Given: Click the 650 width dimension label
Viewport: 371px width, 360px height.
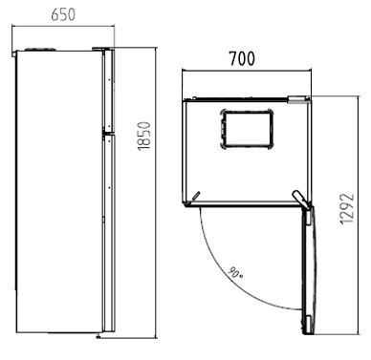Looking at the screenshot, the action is (x=63, y=14).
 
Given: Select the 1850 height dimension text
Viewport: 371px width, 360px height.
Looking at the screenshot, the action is (x=143, y=136).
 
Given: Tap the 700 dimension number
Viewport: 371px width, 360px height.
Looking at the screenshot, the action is (x=242, y=58).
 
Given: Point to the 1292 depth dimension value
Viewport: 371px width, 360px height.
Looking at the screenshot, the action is (x=347, y=209).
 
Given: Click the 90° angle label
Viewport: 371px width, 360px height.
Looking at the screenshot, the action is (x=235, y=272).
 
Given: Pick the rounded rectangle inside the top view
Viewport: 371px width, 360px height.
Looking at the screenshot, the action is (x=247, y=129).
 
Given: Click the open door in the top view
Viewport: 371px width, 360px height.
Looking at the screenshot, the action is (x=308, y=270).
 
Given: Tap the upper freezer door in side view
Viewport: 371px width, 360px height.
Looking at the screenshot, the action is (x=108, y=91).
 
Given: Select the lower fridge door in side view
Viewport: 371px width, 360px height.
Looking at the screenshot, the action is (x=108, y=233).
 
